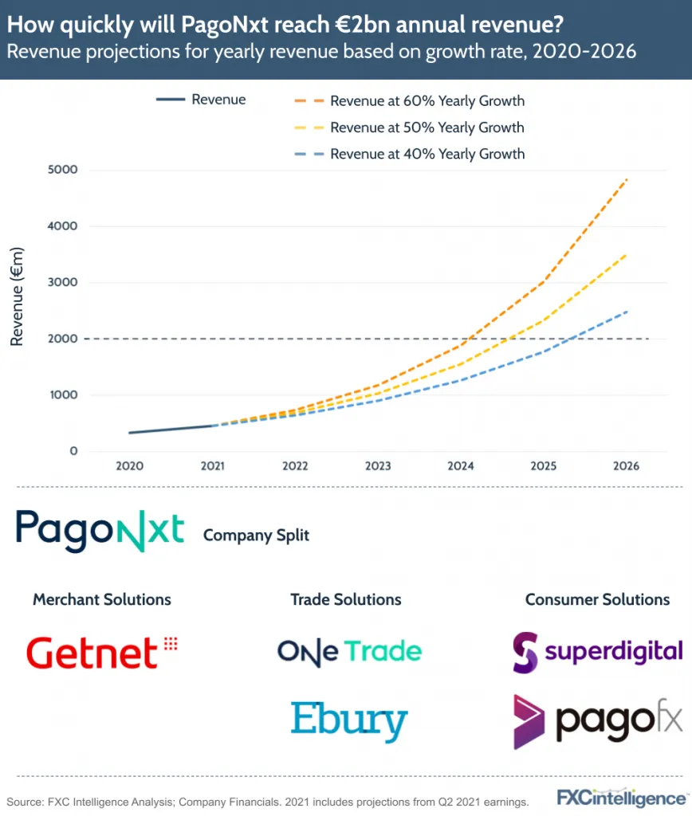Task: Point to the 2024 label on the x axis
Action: point(462,466)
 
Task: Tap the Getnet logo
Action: point(101,653)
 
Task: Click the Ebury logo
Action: point(348,720)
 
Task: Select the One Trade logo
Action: point(349,651)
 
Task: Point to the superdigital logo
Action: point(597,651)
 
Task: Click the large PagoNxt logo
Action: point(100,532)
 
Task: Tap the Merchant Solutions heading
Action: point(102,599)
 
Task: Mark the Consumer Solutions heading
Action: point(597,599)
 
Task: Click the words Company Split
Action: point(256,535)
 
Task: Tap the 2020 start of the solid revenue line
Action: point(130,433)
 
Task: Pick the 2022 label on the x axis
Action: point(296,466)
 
